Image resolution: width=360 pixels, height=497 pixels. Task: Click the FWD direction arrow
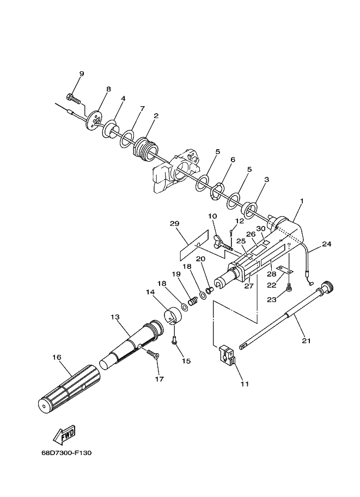(64, 434)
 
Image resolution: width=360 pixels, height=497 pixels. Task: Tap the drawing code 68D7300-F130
(66, 452)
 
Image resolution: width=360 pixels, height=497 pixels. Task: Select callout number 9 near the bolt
(82, 74)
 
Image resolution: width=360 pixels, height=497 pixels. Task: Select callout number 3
(266, 180)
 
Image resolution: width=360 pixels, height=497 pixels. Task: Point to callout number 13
(115, 317)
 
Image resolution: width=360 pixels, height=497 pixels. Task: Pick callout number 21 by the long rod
(307, 341)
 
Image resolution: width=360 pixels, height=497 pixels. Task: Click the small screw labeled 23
(289, 286)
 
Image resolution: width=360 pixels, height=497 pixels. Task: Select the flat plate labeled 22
(284, 269)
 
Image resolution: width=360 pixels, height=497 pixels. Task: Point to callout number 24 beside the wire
(327, 244)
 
